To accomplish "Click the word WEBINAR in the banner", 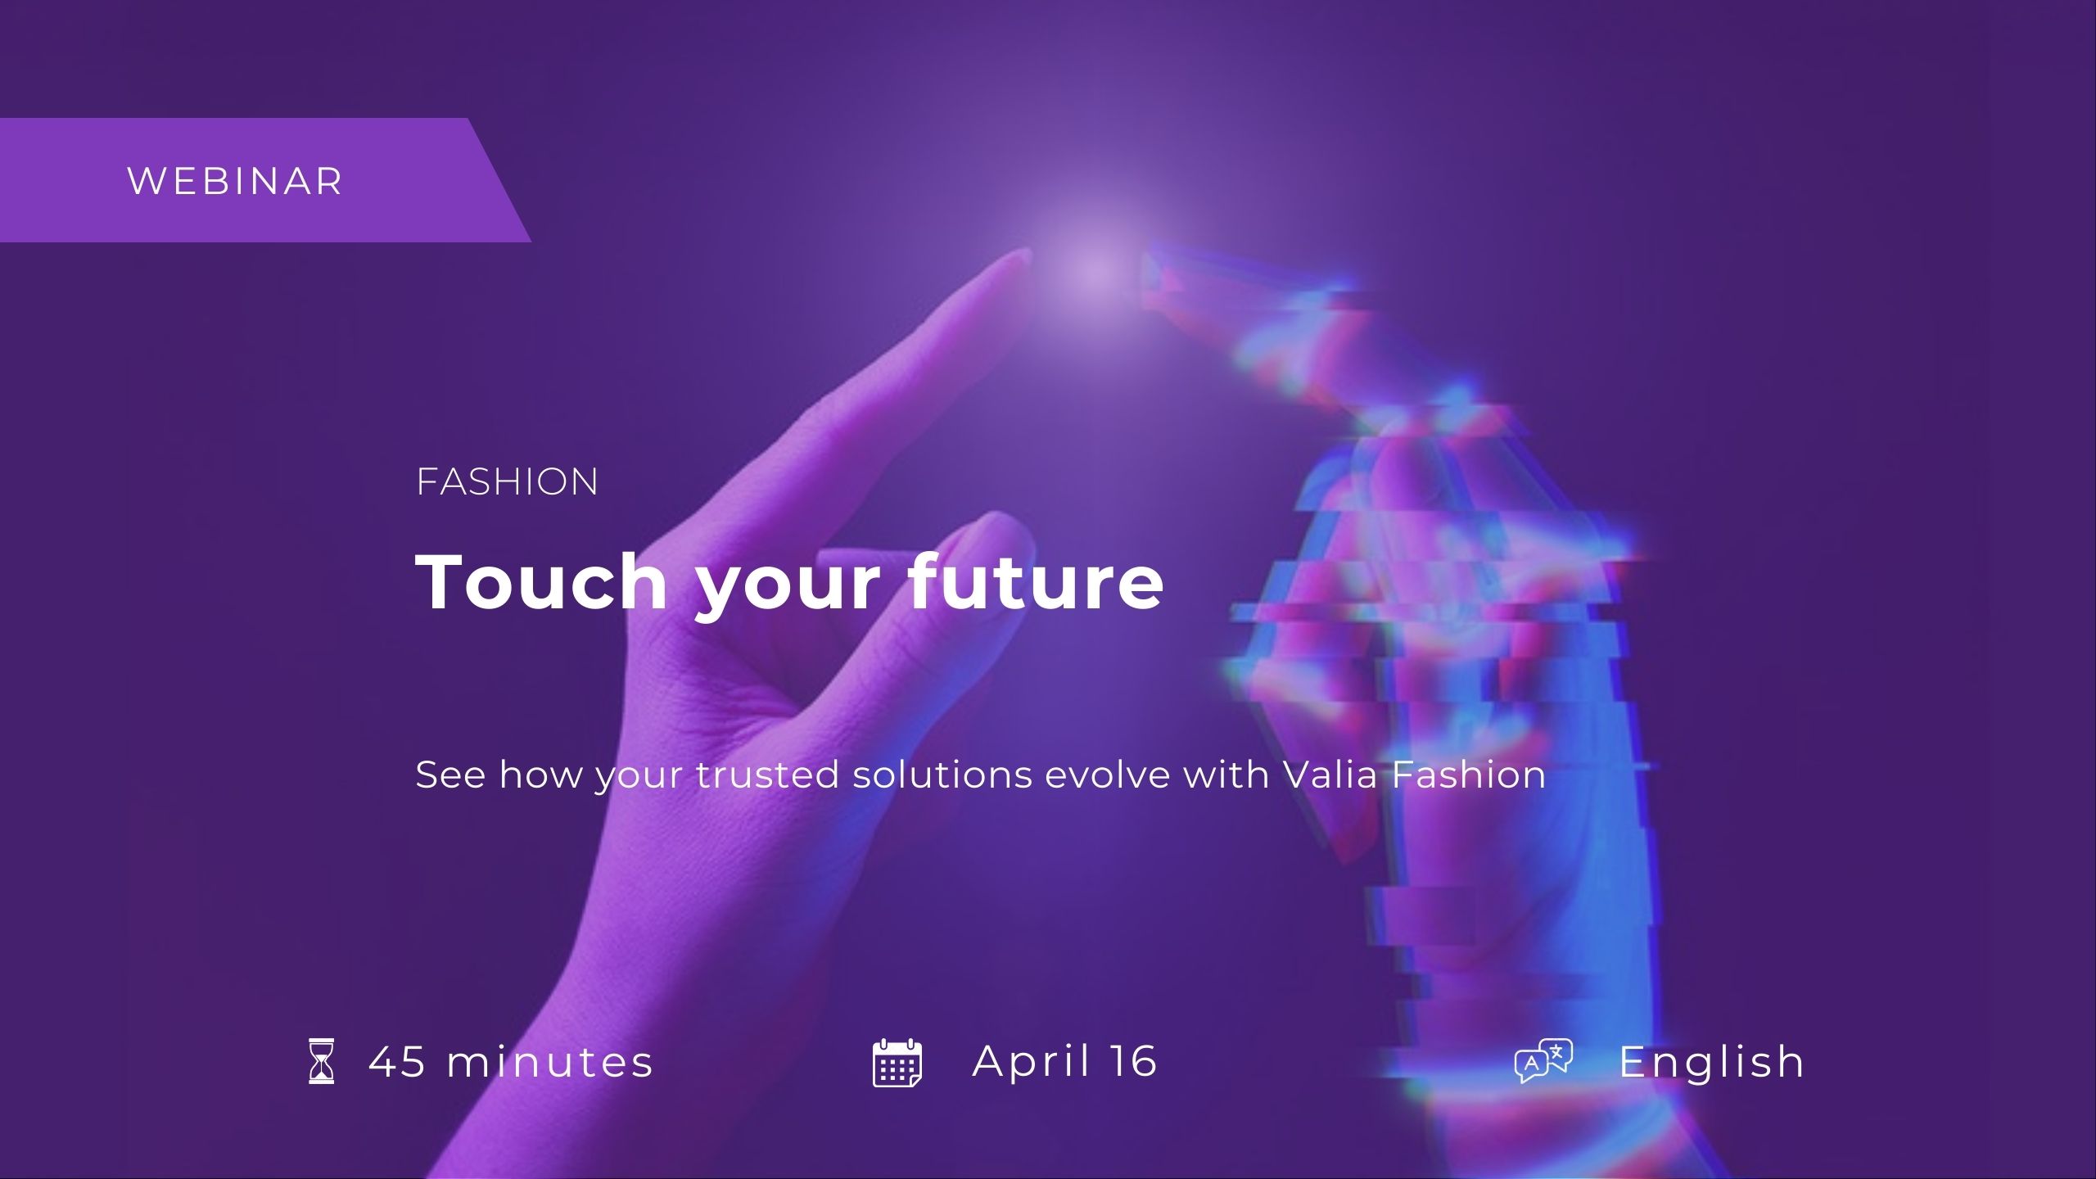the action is (x=235, y=181).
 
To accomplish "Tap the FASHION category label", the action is (x=508, y=481).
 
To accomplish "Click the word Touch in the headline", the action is (x=542, y=581).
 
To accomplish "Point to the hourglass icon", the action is (x=322, y=1061).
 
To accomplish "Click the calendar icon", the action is (x=897, y=1062).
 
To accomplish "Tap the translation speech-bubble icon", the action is (x=1544, y=1061).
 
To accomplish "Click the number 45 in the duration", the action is (x=398, y=1062).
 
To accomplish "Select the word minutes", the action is (x=550, y=1062).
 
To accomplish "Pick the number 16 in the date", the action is (x=1134, y=1061).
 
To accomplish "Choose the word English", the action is (x=1712, y=1063).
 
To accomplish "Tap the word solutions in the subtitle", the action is (x=942, y=775).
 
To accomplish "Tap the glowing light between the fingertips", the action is (x=1094, y=270).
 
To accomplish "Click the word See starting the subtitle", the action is (x=451, y=775).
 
